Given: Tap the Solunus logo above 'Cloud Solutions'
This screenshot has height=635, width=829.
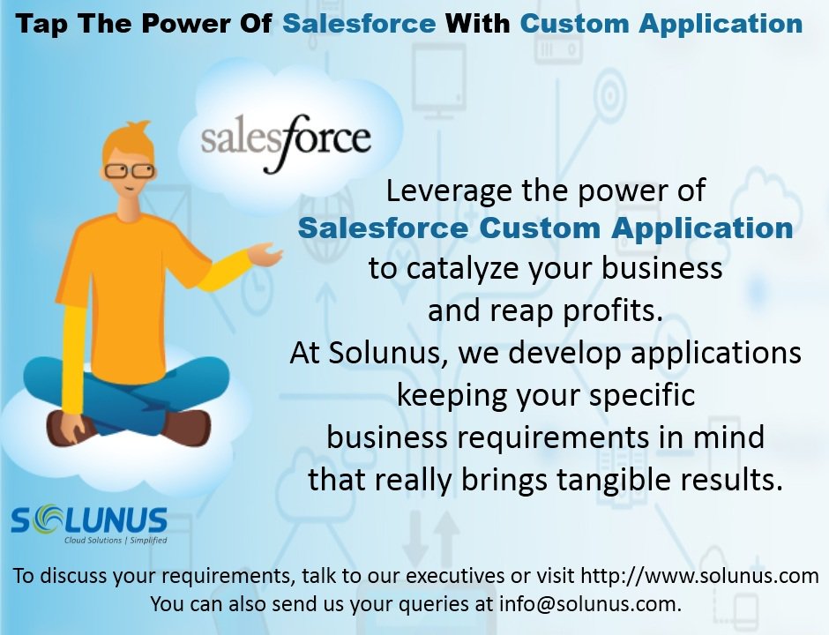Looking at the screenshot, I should click(x=89, y=519).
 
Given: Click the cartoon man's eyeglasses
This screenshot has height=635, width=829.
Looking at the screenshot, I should click(x=129, y=170).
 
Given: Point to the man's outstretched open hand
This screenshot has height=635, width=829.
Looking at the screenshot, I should click(x=265, y=255).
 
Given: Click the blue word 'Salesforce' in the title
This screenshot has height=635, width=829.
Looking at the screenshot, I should click(x=358, y=24).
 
